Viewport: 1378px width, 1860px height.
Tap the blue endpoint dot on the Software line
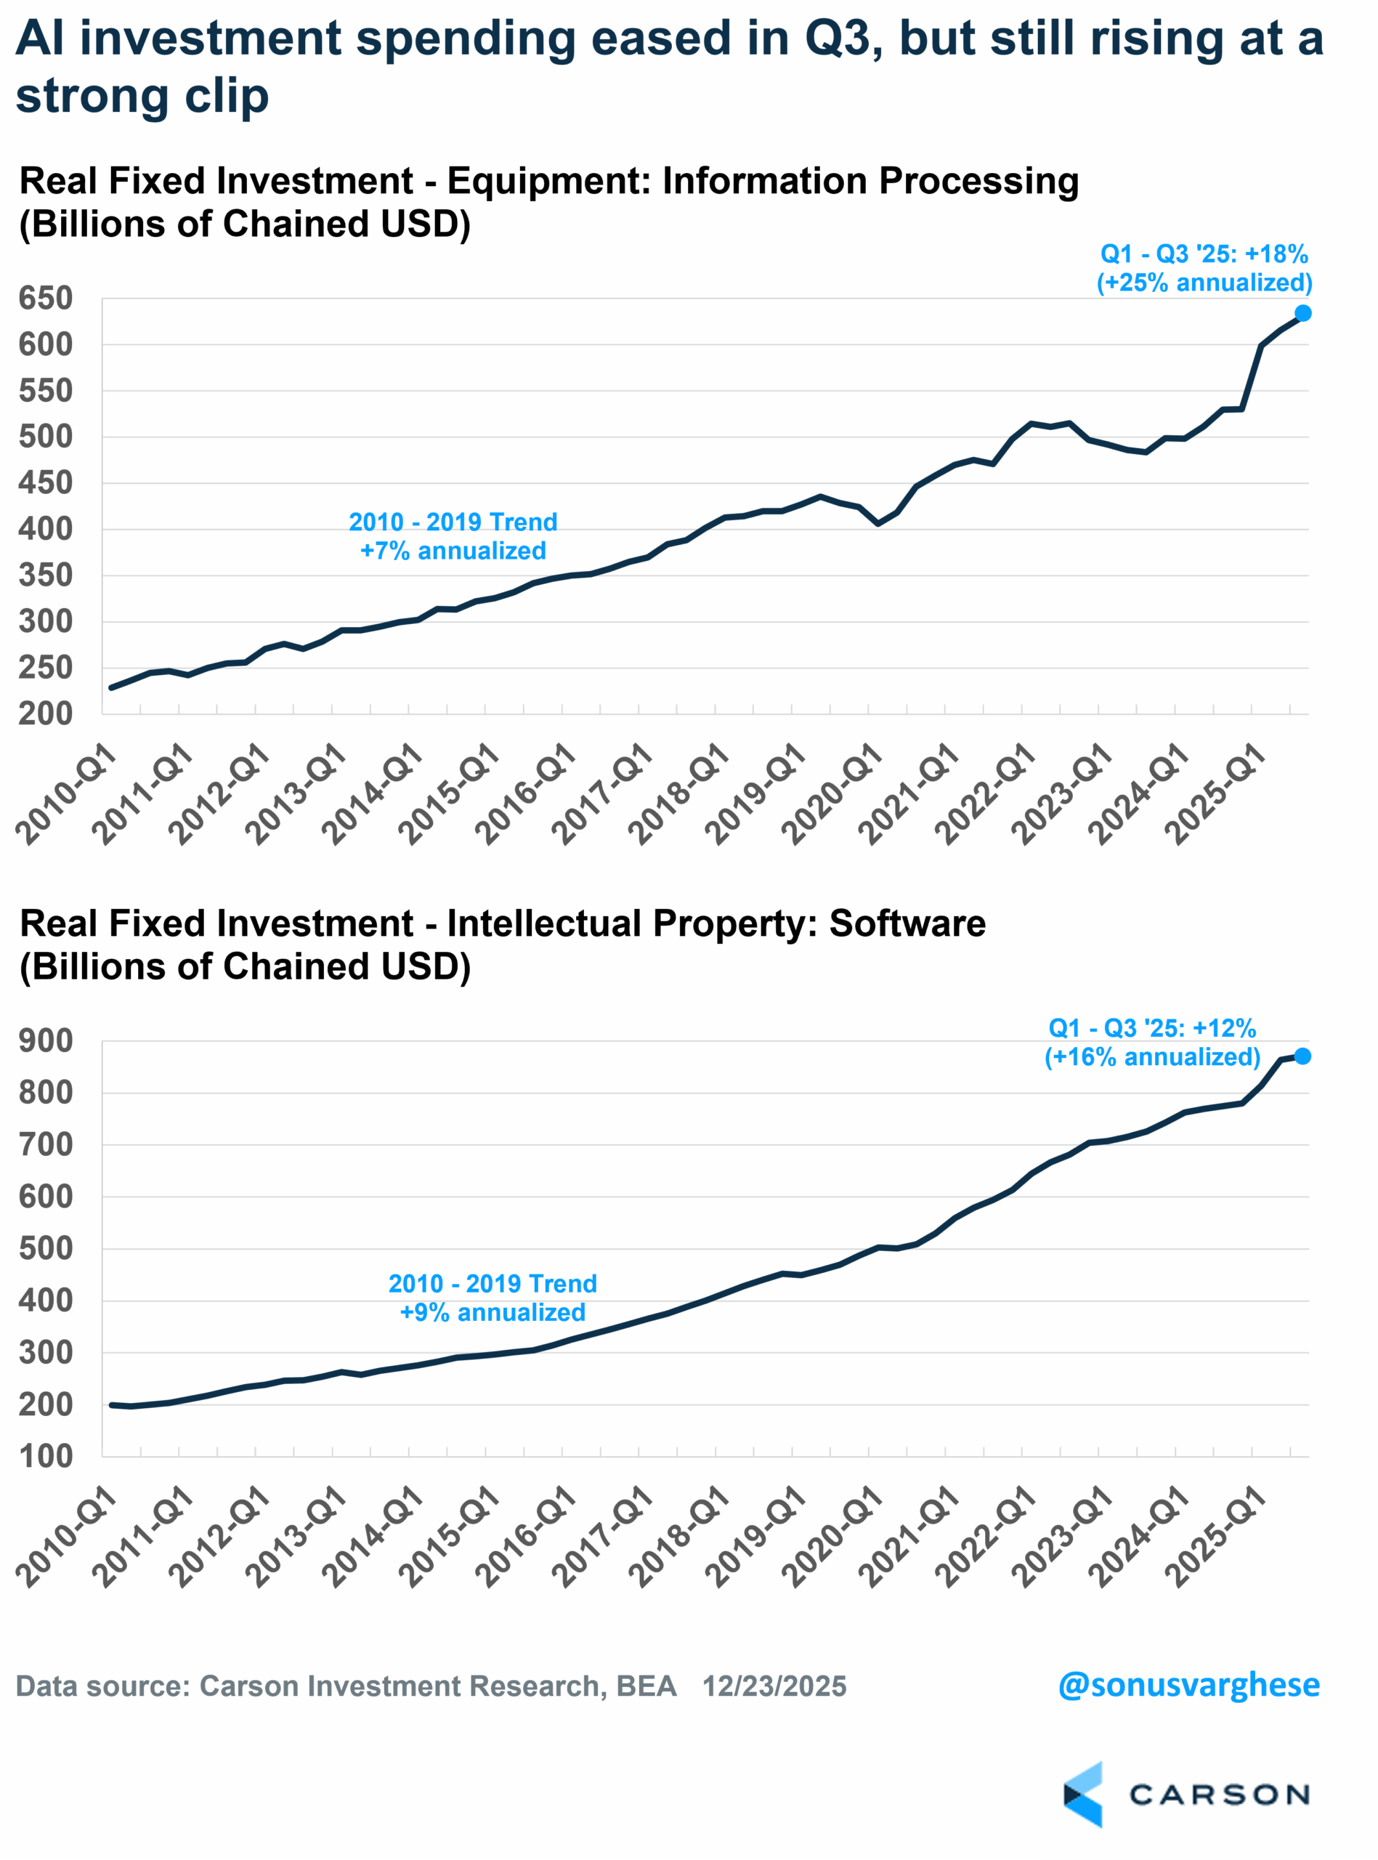coord(1302,1056)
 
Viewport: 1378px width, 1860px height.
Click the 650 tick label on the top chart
coord(45,298)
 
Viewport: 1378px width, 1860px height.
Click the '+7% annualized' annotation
coord(453,551)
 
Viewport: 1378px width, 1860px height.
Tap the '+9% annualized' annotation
coord(493,1312)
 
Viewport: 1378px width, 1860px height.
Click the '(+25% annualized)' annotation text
coord(1204,283)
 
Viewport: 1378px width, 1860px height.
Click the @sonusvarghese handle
coord(1188,1684)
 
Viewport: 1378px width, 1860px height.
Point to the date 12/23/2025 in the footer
coord(774,1686)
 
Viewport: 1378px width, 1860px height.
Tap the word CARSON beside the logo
coord(1219,1794)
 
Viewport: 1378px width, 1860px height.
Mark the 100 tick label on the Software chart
coord(45,1456)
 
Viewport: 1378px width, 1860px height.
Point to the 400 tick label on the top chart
coord(45,529)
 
